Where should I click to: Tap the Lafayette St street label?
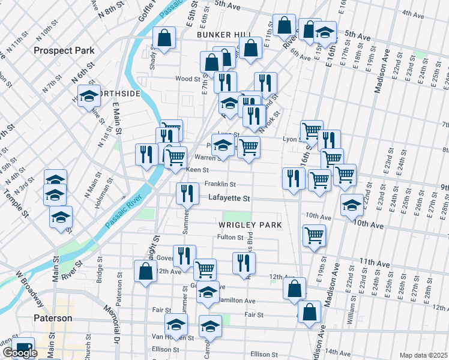(x=229, y=197)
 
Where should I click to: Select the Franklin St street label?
(x=220, y=184)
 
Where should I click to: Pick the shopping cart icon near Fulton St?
(x=314, y=235)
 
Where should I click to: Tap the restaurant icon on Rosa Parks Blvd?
(x=244, y=262)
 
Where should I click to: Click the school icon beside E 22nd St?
(x=352, y=205)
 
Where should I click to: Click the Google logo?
(x=20, y=353)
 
